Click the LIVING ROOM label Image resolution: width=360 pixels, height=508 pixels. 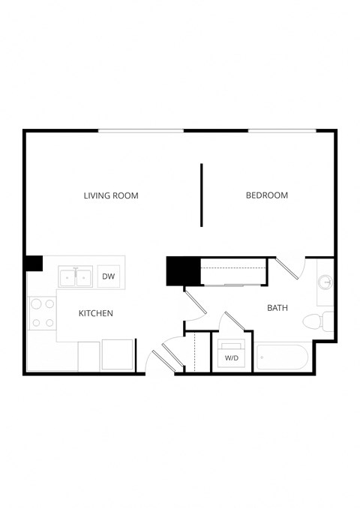coord(111,196)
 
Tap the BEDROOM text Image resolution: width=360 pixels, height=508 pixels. coord(267,196)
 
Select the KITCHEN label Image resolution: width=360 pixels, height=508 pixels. coord(96,313)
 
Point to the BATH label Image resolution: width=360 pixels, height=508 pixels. coord(278,307)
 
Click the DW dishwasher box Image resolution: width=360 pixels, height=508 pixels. coord(109,276)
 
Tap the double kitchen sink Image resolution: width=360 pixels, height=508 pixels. coord(76,276)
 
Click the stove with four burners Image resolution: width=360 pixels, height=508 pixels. coord(42,314)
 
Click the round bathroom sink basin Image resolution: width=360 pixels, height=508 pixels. coord(325,282)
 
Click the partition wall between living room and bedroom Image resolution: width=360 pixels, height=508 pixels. coord(201,195)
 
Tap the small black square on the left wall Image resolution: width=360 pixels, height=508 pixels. coord(34,264)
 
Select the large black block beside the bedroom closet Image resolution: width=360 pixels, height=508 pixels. coord(183,270)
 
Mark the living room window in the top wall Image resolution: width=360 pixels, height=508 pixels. coord(141,131)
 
